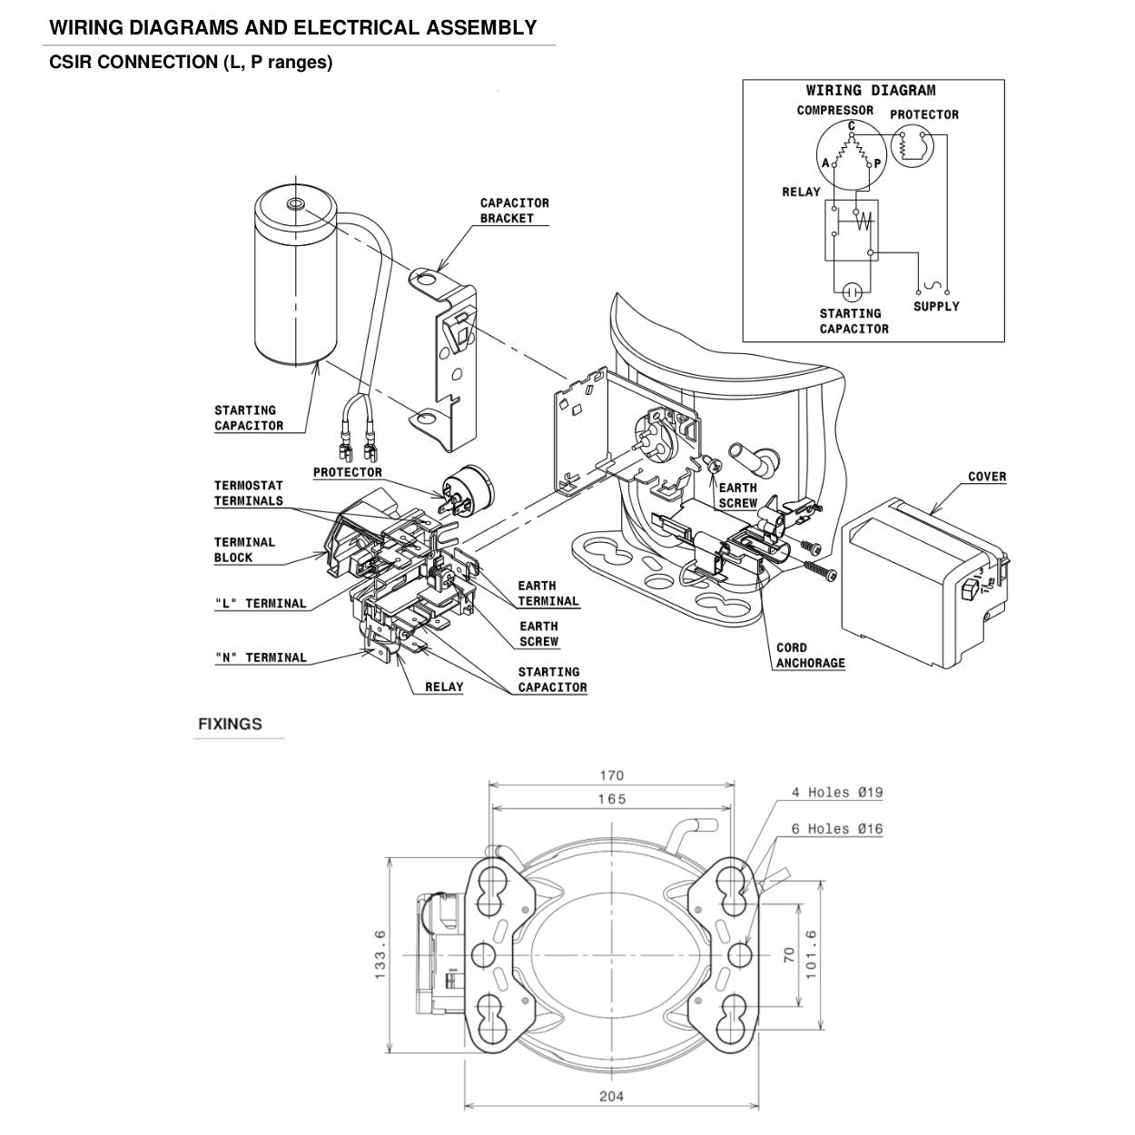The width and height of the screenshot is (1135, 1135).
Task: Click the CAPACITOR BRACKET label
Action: click(x=514, y=211)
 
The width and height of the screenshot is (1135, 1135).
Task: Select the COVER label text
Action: click(x=986, y=477)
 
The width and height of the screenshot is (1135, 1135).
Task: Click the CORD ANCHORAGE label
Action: click(x=810, y=656)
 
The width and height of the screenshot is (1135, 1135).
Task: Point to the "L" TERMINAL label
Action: click(x=261, y=604)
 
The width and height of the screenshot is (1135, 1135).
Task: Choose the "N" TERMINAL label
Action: click(x=261, y=658)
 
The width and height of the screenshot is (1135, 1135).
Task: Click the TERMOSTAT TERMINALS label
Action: click(x=248, y=493)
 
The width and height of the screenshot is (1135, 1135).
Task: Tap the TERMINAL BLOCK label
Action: click(x=244, y=550)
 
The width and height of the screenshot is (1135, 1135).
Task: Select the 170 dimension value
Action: click(x=611, y=775)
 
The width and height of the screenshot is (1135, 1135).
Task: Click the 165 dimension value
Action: click(x=611, y=799)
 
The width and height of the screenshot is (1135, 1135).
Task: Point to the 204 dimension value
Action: click(x=611, y=1096)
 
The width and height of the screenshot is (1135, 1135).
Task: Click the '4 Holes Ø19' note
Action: click(x=836, y=793)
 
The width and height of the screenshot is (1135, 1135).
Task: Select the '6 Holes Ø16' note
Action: click(x=836, y=829)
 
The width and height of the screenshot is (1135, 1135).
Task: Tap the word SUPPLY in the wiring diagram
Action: click(x=936, y=307)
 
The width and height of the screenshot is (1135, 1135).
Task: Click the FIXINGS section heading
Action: click(x=230, y=724)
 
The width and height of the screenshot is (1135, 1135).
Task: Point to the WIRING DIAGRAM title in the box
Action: click(x=870, y=90)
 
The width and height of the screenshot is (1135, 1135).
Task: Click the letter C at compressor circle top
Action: click(x=851, y=125)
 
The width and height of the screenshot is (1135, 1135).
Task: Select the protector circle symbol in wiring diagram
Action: click(x=912, y=145)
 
